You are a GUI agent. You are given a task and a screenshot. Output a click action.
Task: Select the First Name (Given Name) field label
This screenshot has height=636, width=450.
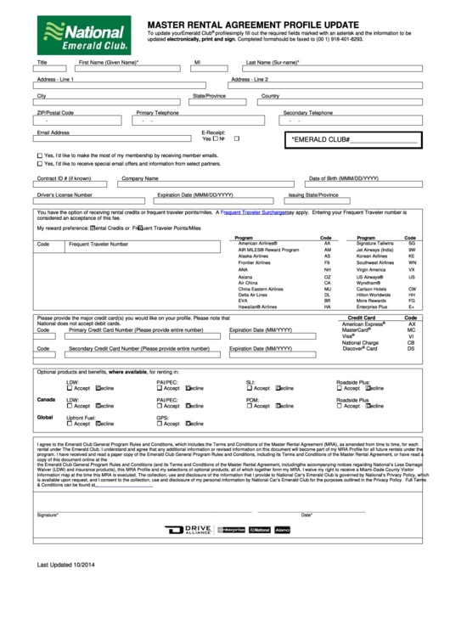(108, 62)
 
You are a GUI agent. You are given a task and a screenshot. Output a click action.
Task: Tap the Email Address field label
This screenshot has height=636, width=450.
(53, 132)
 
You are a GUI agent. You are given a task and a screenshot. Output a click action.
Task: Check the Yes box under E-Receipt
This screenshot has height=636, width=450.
(216, 138)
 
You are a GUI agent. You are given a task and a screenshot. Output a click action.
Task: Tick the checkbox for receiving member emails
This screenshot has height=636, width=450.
(39, 156)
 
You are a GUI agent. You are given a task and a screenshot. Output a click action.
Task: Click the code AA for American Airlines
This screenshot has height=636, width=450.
(327, 243)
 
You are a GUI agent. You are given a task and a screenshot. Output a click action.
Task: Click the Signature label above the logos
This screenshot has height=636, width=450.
(47, 515)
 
